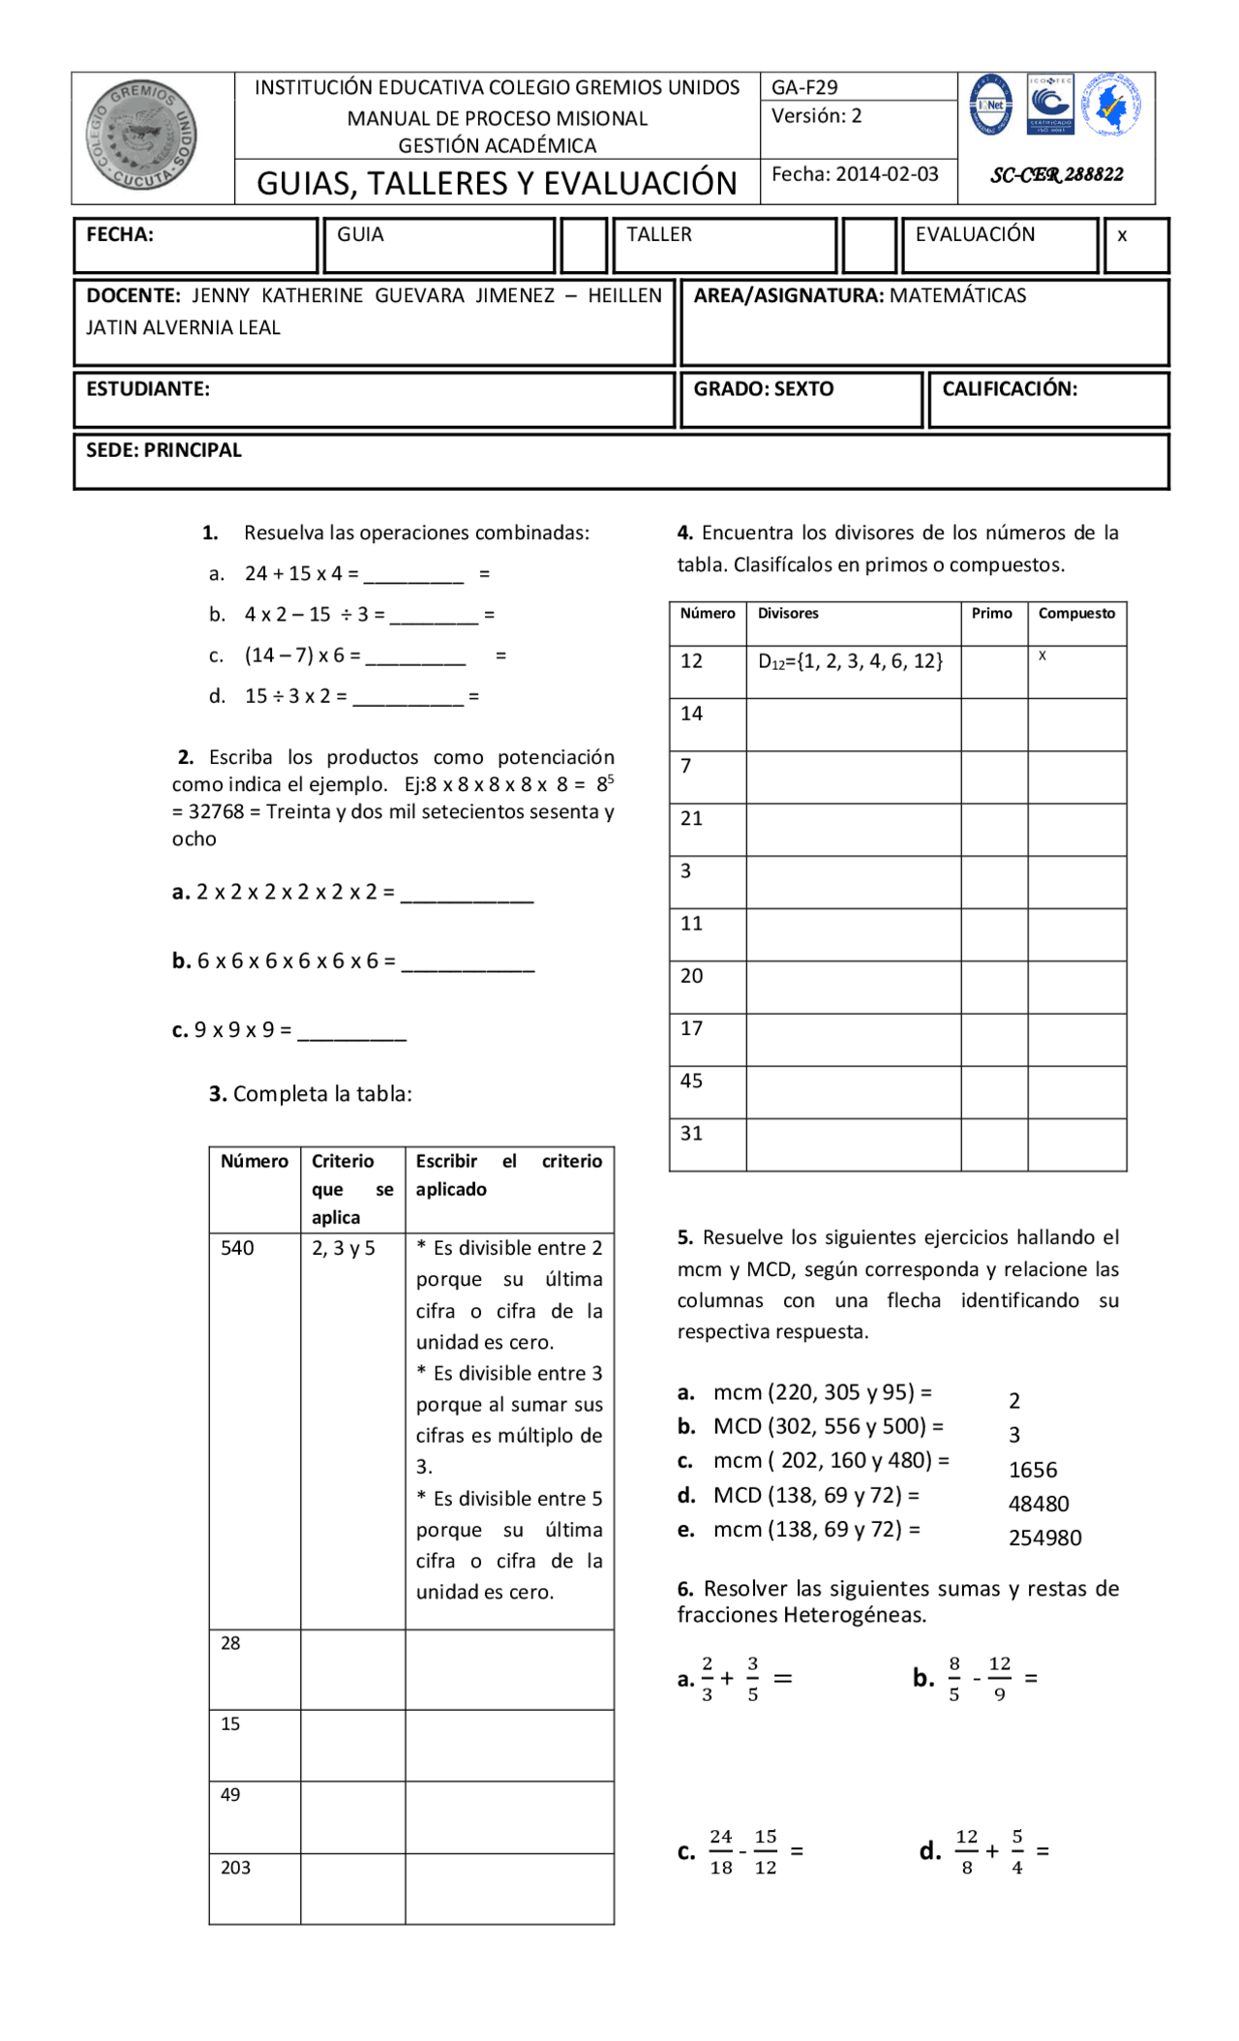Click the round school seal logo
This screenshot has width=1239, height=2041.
pyautogui.click(x=141, y=136)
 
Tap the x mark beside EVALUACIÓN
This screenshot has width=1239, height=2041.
pyautogui.click(x=1122, y=235)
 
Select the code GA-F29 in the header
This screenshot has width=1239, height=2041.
pyautogui.click(x=803, y=87)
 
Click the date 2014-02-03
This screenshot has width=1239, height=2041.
pyautogui.click(x=887, y=174)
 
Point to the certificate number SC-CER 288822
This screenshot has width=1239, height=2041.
pyautogui.click(x=1056, y=175)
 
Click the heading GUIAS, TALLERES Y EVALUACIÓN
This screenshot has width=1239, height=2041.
pyautogui.click(x=497, y=183)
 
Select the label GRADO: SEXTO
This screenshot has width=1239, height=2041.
pyautogui.click(x=763, y=389)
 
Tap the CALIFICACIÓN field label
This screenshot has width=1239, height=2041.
pyautogui.click(x=1009, y=389)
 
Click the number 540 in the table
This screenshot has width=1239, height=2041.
pyautogui.click(x=237, y=1248)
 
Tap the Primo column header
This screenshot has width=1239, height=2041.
pyautogui.click(x=991, y=614)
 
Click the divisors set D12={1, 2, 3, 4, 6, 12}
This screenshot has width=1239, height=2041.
pyautogui.click(x=850, y=661)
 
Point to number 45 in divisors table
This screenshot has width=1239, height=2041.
pyautogui.click(x=691, y=1081)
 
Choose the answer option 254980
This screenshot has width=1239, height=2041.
pyautogui.click(x=1044, y=1538)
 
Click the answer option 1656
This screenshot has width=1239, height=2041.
pyautogui.click(x=1033, y=1470)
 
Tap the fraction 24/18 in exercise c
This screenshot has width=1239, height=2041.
pyautogui.click(x=721, y=1852)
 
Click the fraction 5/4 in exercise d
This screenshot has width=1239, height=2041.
pyautogui.click(x=1017, y=1852)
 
